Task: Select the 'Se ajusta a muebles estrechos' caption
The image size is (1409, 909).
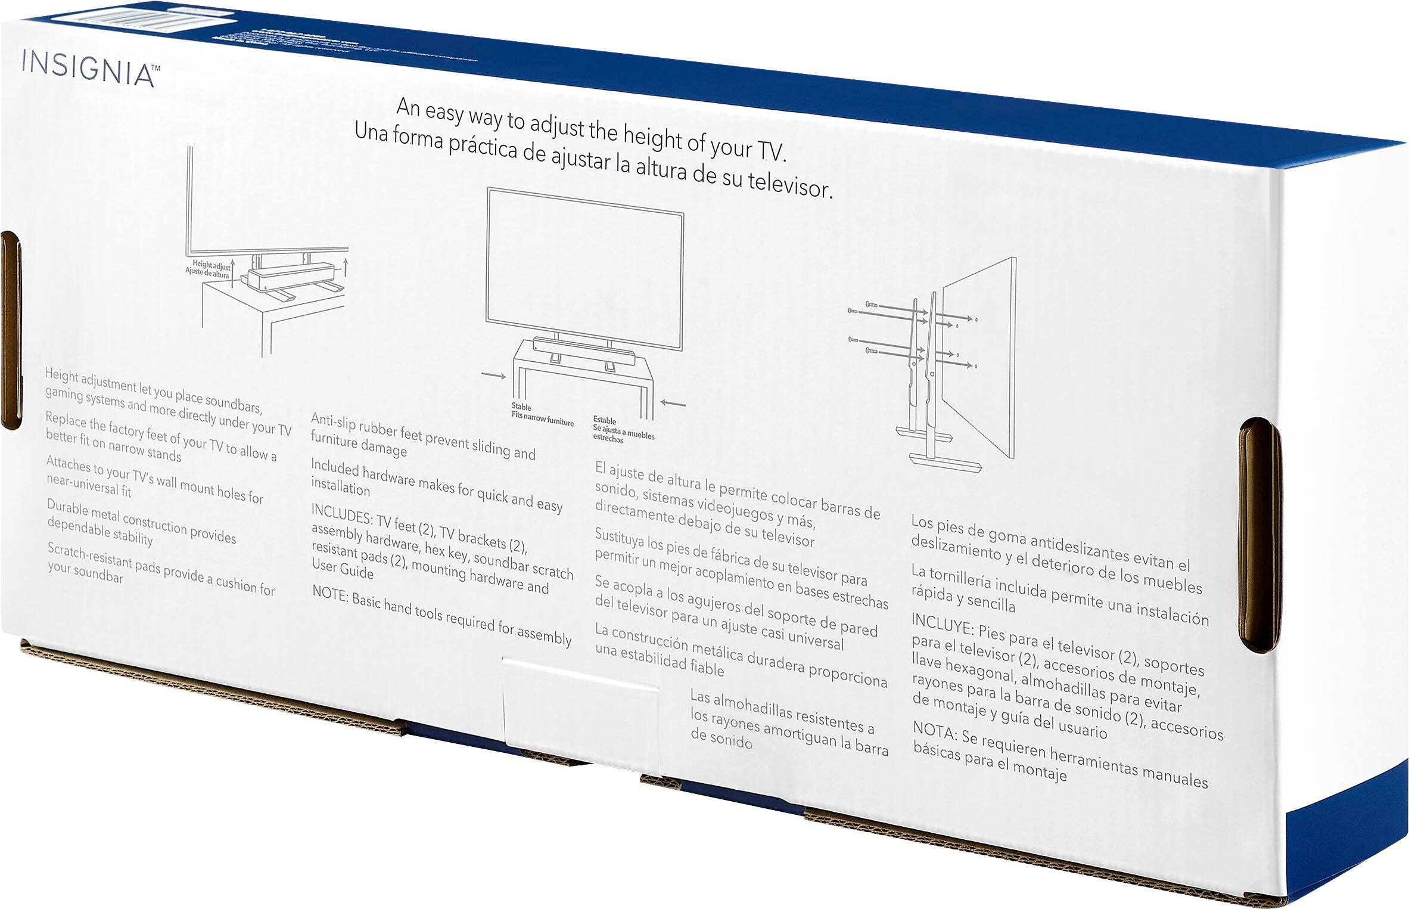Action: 623,430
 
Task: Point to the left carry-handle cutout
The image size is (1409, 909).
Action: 11,331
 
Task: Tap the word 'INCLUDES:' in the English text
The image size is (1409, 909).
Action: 341,513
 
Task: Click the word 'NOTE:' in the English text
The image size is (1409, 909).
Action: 330,593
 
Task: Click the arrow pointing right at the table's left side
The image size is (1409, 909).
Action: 494,375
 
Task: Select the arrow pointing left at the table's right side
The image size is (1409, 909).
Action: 673,404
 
